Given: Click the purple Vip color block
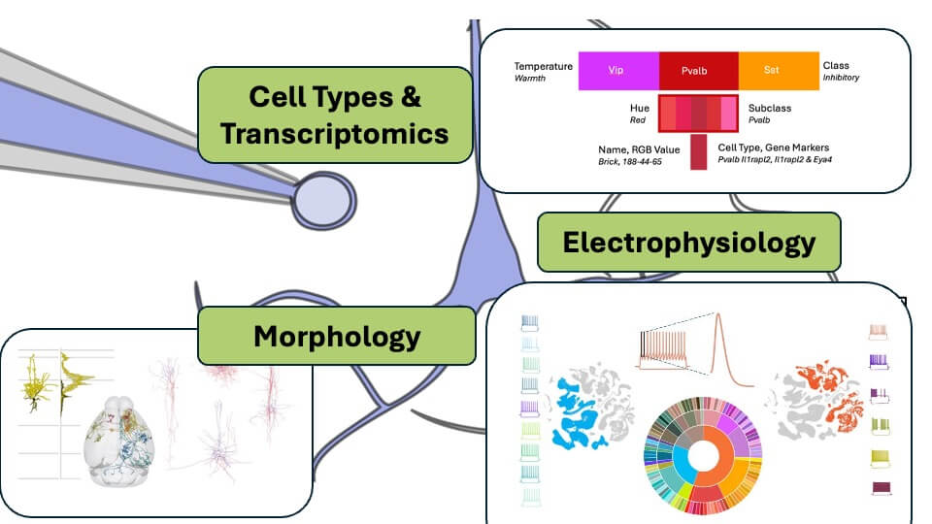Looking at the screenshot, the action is (x=618, y=71).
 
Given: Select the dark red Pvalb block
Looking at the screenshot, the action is (x=698, y=71).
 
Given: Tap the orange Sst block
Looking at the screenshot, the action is (x=779, y=71).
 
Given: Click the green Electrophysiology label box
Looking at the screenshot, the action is (x=689, y=242).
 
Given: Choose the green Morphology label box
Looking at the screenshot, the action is (x=337, y=336).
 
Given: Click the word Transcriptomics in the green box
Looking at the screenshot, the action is (x=334, y=134).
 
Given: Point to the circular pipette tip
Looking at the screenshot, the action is (x=324, y=201).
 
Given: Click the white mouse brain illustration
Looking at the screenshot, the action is (x=120, y=441).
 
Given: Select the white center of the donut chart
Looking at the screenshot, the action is (x=703, y=456).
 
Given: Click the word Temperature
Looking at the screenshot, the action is (x=544, y=66).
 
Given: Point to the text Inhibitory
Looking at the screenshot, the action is (x=841, y=78).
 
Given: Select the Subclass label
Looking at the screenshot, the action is (x=770, y=108).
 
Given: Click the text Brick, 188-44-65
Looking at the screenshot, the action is (x=629, y=162).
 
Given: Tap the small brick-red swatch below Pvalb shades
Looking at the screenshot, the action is (x=698, y=152).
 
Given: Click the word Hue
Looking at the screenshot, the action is (x=640, y=108).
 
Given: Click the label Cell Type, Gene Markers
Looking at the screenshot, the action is (x=774, y=147).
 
